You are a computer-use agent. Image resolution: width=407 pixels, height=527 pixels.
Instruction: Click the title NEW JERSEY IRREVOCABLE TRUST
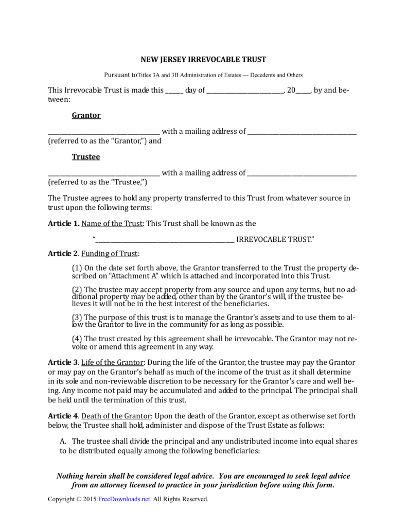tap(203, 60)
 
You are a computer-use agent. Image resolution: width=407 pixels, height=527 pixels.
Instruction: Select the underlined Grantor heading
tap(86, 115)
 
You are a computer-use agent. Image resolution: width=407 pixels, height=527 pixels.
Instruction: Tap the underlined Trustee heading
tap(86, 156)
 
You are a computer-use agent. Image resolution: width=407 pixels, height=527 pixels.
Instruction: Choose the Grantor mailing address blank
tap(302, 132)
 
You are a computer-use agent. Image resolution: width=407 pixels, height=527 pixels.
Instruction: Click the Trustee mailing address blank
tap(302, 173)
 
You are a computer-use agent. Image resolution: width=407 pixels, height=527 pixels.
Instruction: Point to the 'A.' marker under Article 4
tap(64, 441)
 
